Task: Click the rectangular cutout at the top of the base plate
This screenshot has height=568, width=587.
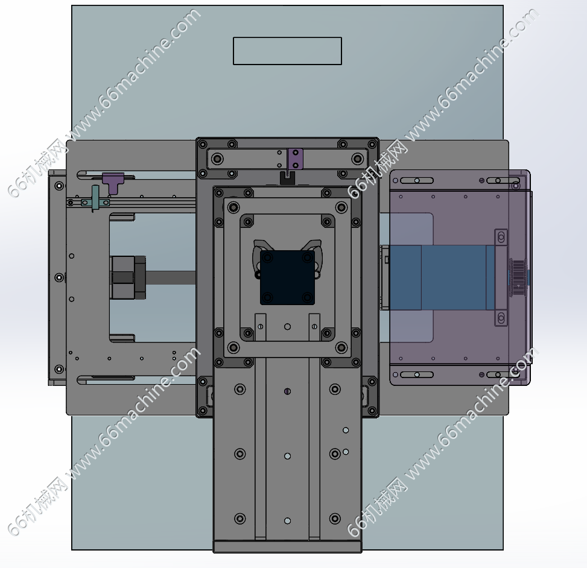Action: [x=287, y=51]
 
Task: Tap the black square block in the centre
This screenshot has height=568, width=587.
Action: [x=287, y=277]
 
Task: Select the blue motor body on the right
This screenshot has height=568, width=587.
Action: [x=442, y=277]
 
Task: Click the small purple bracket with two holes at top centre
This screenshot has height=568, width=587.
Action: [x=295, y=159]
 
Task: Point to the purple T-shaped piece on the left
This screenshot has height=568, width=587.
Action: [x=113, y=183]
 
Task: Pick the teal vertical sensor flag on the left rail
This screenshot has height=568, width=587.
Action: [x=95, y=198]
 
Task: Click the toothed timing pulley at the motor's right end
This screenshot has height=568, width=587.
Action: [x=518, y=277]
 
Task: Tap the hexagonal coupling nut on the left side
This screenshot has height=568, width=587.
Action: [x=127, y=277]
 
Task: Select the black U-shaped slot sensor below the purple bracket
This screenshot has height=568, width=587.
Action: [x=287, y=178]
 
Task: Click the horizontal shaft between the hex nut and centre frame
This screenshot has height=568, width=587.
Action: [x=171, y=277]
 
